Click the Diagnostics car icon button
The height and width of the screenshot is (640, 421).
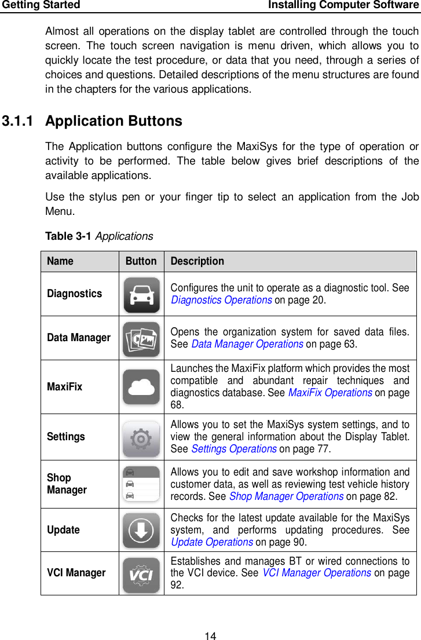tap(141, 295)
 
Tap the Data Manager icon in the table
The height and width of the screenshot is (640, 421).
tap(141, 339)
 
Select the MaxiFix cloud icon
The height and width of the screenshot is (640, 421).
tap(141, 387)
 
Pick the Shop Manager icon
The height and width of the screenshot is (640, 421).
tap(141, 484)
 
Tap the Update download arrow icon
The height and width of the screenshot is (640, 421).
tap(141, 530)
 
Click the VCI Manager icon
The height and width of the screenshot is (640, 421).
tap(141, 574)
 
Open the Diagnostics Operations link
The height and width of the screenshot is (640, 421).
tap(221, 300)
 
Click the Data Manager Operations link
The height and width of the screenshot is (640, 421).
tap(247, 343)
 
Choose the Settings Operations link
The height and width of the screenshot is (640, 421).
tap(234, 449)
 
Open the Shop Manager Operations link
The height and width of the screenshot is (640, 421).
tap(286, 496)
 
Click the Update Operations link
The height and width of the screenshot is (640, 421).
tap(211, 542)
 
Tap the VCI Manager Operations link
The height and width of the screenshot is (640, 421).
tap(317, 573)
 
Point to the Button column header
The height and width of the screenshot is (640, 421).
tap(141, 261)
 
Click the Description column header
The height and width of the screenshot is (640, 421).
tap(197, 261)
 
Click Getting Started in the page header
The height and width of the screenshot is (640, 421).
tap(41, 5)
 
